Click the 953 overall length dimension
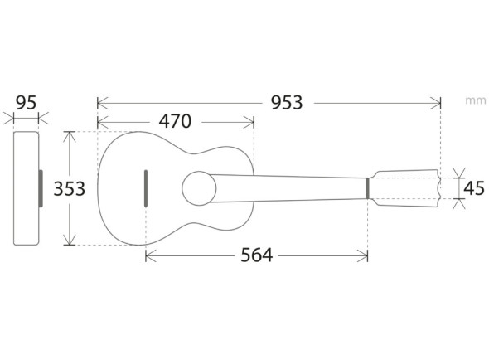point(287,103)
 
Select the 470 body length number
point(175,121)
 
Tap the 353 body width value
point(70,189)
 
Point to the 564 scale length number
point(257,255)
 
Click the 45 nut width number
point(474,188)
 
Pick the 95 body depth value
point(27,103)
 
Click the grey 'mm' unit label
point(476,100)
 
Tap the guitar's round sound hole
point(199,188)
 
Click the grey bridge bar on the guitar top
point(146,188)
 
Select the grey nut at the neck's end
point(367,188)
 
